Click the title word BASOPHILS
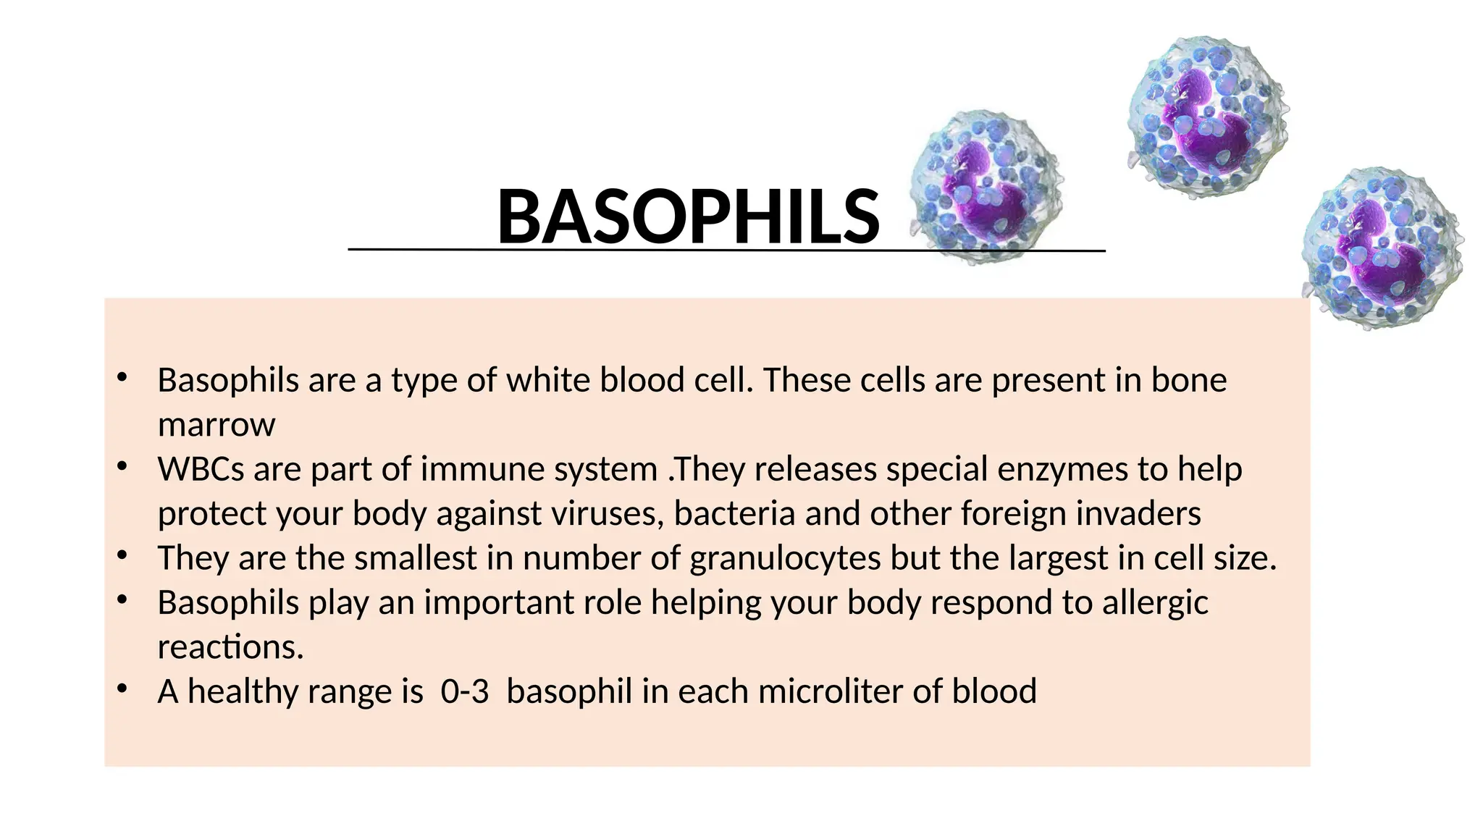[x=688, y=217]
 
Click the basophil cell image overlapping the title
[x=986, y=187]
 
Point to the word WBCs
[x=201, y=469]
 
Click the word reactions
[x=230, y=647]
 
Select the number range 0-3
[x=465, y=691]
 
